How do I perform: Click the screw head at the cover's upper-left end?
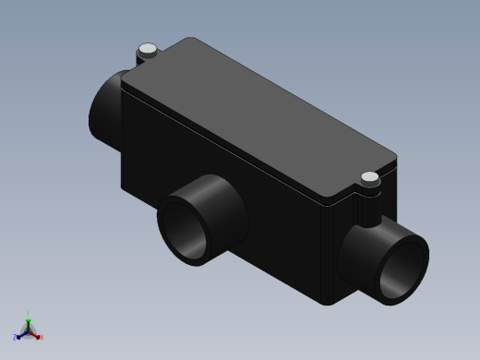[146, 49]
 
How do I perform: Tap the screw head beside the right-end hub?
[370, 177]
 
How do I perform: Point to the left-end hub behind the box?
[105, 106]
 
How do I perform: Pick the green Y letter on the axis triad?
[29, 314]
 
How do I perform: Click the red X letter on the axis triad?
[42, 337]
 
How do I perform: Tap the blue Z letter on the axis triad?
[16, 337]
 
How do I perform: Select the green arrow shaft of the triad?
[29, 323]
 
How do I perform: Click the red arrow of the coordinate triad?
[35, 334]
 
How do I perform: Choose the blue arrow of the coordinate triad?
[22, 334]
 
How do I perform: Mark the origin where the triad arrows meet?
[29, 330]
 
